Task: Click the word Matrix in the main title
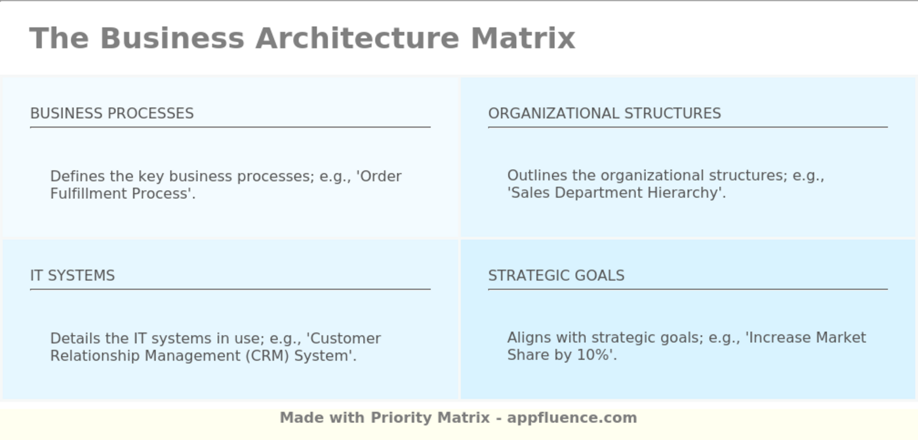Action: click(523, 38)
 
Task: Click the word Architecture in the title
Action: click(357, 38)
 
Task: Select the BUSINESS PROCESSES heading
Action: click(112, 113)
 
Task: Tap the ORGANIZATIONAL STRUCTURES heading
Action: click(604, 113)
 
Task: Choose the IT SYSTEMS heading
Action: click(72, 275)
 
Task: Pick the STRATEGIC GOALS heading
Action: click(556, 275)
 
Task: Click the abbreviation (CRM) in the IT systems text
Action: click(266, 356)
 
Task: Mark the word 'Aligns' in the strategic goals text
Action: click(529, 338)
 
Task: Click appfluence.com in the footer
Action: click(572, 418)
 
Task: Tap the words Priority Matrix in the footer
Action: click(430, 418)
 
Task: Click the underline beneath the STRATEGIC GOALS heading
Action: click(687, 289)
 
